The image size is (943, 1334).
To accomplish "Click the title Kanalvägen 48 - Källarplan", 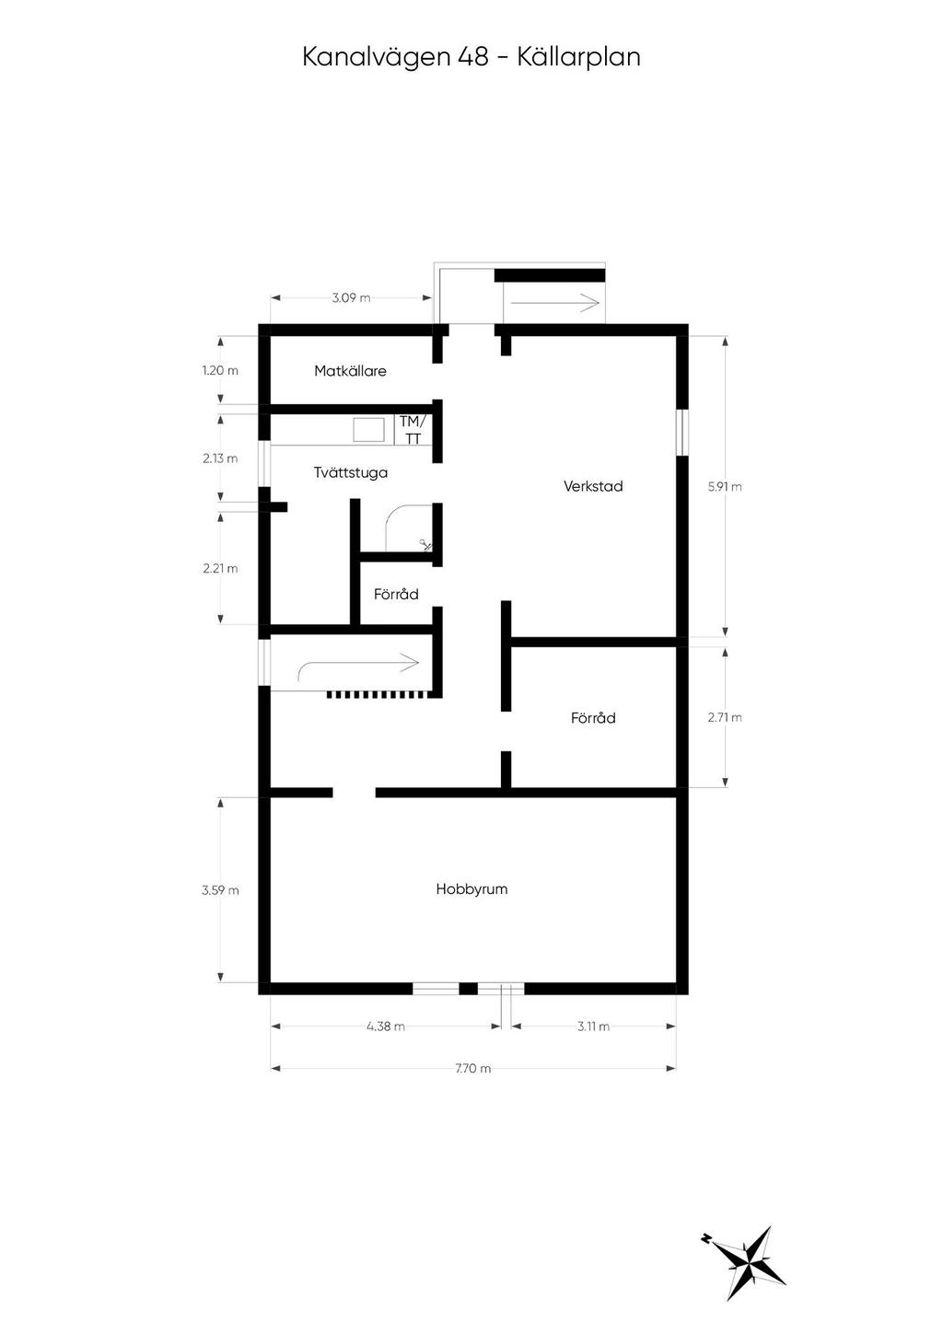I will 471,57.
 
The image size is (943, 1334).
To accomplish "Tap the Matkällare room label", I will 350,371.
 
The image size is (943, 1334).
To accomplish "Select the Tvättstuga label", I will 350,472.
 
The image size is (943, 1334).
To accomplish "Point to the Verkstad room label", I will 593,486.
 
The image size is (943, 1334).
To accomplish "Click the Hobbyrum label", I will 471,889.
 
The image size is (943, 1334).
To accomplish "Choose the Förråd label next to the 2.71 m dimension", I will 593,718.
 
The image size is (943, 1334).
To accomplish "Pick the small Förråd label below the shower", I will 396,595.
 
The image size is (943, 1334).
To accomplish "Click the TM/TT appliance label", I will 413,430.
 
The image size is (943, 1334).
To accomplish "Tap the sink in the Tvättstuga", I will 369,430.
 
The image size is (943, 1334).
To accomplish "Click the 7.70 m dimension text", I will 472,1069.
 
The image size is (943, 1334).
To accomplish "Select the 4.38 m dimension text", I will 385,1027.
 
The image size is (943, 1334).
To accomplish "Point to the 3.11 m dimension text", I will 593,1027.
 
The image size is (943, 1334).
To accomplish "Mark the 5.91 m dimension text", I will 725,486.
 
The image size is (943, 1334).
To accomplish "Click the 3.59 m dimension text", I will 220,890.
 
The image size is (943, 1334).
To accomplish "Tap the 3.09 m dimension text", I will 351,298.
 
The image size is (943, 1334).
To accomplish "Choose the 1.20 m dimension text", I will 220,371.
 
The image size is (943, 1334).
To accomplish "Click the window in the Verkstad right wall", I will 682,432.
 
